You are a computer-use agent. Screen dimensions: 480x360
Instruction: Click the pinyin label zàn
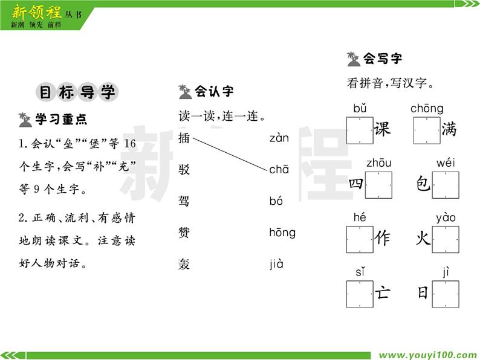[x=279, y=138]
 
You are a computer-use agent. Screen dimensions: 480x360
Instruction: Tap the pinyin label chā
[x=279, y=170]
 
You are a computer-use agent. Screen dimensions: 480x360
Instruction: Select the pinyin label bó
[x=276, y=201]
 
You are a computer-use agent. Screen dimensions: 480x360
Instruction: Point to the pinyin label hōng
[x=282, y=233]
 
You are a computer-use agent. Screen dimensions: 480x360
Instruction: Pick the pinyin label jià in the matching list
[x=276, y=264]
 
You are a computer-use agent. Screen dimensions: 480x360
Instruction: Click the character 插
[x=184, y=138]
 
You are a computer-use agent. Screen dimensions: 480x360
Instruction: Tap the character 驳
[x=184, y=170]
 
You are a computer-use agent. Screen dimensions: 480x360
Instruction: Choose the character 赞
[x=184, y=233]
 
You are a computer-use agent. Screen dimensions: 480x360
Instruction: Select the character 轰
[x=184, y=264]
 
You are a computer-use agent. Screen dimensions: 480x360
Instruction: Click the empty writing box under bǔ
[x=360, y=130]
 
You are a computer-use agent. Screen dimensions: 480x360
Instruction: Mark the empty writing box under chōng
[x=427, y=130]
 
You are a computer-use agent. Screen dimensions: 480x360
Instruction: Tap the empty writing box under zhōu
[x=378, y=185]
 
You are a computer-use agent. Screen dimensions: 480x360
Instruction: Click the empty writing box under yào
[x=446, y=239]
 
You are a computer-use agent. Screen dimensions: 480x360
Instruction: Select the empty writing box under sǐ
[x=360, y=294]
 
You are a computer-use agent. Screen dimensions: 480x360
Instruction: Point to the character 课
[x=383, y=130]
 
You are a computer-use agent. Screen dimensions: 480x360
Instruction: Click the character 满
[x=449, y=130]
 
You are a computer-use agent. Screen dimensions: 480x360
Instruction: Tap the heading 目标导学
[x=76, y=92]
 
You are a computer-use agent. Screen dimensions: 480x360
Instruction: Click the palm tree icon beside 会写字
[x=354, y=59]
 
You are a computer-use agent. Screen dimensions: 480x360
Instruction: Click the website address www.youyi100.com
[x=427, y=355]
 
